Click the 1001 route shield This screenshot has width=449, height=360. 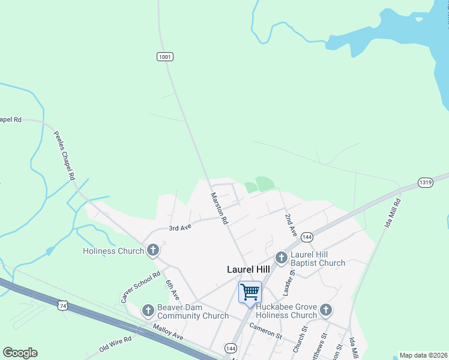pyautogui.click(x=165, y=56)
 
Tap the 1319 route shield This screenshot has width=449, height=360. pyautogui.click(x=425, y=182)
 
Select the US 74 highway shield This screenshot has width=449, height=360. pyautogui.click(x=62, y=306)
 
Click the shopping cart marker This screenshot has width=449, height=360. pyautogui.click(x=250, y=292)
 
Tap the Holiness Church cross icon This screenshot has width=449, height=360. pyautogui.click(x=153, y=250)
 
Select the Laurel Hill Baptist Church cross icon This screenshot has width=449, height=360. pyautogui.click(x=281, y=257)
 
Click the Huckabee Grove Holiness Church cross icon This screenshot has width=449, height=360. pyautogui.click(x=326, y=310)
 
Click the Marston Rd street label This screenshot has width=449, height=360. pyautogui.click(x=219, y=208)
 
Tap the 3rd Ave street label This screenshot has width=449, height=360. pyautogui.click(x=179, y=228)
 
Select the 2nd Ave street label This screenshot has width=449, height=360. pyautogui.click(x=291, y=224)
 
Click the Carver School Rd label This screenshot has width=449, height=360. pyautogui.click(x=140, y=287)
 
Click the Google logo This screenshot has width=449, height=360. pyautogui.click(x=20, y=353)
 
